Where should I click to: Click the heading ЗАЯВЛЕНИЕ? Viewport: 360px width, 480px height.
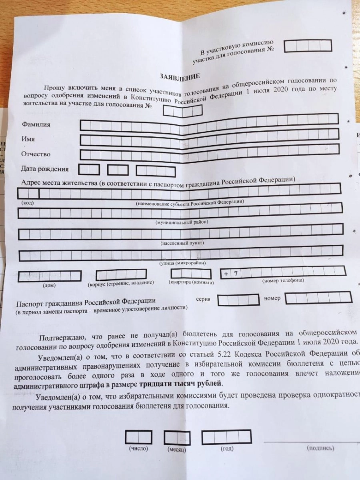point(180,76)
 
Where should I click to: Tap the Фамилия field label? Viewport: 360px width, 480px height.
point(36,125)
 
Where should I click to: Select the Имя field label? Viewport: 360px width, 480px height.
point(28,139)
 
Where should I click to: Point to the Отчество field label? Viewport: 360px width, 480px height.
point(36,154)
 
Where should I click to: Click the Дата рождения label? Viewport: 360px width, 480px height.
point(44,169)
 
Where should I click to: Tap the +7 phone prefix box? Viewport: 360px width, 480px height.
point(231,274)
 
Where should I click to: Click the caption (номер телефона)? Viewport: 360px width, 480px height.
point(283,280)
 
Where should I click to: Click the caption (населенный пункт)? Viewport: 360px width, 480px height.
point(182,243)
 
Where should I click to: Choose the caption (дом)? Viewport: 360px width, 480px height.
point(49,286)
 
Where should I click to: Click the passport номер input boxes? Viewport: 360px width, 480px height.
point(318,298)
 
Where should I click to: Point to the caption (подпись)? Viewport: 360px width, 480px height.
point(320,448)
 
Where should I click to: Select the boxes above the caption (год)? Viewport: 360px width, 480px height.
point(226,437)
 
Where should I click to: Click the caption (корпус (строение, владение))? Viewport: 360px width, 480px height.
point(121,283)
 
